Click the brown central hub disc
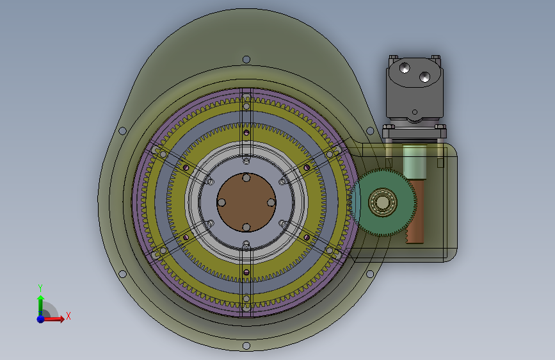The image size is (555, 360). [246, 202]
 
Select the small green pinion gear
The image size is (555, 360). [384, 202]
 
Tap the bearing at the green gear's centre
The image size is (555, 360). [383, 202]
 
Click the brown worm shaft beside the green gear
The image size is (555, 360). [415, 211]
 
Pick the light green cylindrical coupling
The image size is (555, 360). [414, 161]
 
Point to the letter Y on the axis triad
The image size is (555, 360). [40, 288]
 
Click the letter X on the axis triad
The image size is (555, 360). [68, 316]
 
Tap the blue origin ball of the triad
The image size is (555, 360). [41, 319]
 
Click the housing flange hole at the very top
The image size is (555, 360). [246, 59]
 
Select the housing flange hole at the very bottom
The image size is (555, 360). [246, 345]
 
